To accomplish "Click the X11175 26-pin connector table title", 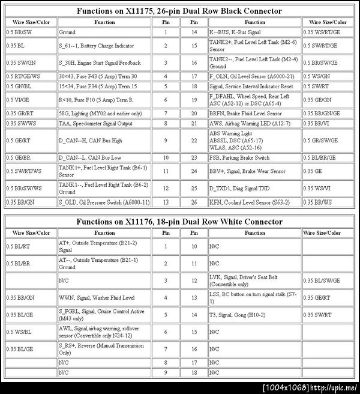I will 179,11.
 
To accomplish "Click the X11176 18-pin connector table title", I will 179,222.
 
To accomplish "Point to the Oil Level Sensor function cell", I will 252,76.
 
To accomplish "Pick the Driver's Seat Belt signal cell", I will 252,280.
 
